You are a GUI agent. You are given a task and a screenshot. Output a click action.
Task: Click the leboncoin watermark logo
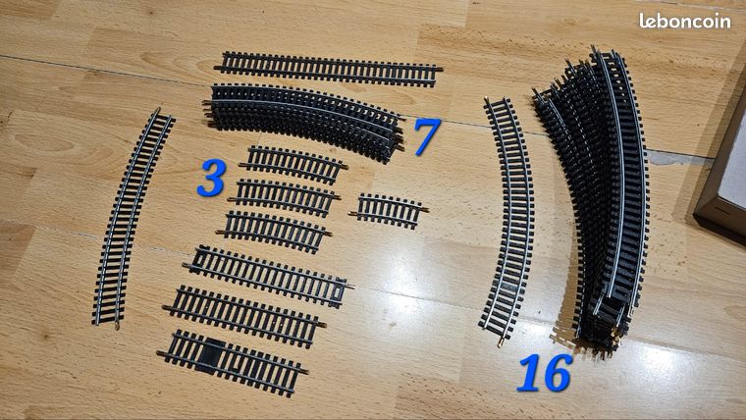pos(684,21)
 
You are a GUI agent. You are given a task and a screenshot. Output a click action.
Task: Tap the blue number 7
pos(427,136)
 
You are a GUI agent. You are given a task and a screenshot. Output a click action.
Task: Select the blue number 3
pos(211,178)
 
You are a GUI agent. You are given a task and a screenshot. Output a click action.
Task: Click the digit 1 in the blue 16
pos(530,373)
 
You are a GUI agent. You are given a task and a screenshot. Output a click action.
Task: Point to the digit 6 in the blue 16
pos(558,374)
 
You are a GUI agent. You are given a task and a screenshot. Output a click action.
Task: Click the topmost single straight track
pos(328,69)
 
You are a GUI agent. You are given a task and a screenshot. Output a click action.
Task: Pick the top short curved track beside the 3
pos(293,165)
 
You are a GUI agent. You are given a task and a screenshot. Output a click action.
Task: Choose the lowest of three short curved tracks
pos(274,232)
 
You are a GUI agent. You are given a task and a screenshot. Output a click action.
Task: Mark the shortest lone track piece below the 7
pos(389,210)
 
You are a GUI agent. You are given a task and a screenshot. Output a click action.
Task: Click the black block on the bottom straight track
pos(211,356)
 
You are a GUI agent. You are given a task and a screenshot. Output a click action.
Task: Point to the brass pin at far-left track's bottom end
pos(117,327)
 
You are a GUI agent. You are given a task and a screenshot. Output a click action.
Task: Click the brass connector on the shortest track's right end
pos(425,209)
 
